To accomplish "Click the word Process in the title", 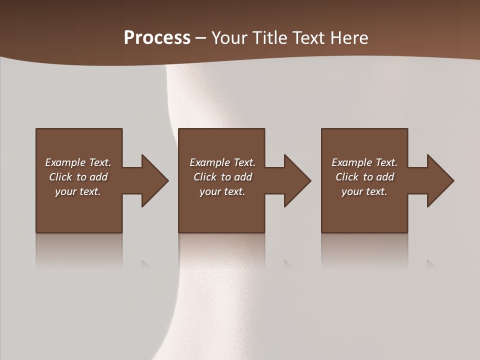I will pos(157,38).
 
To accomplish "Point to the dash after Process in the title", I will pos(200,38).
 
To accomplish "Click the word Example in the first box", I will pos(65,162).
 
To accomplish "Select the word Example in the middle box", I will pos(209,162).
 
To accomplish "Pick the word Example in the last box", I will pos(351,162).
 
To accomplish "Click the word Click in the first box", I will pos(60,177).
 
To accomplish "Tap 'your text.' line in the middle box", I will pos(222,191).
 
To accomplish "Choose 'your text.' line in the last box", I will pos(364,191).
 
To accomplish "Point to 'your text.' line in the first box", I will pos(77,191).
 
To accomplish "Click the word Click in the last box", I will pos(347,177).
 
